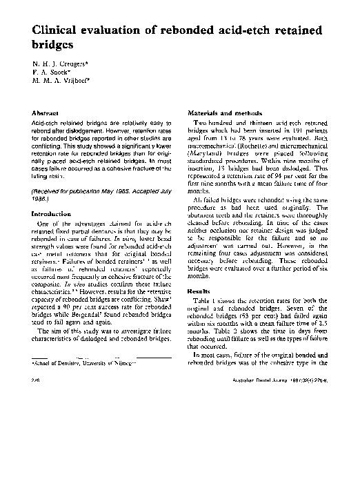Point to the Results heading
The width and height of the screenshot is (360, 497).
[x=199, y=291]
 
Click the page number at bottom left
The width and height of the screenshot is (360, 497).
[x=35, y=378]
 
